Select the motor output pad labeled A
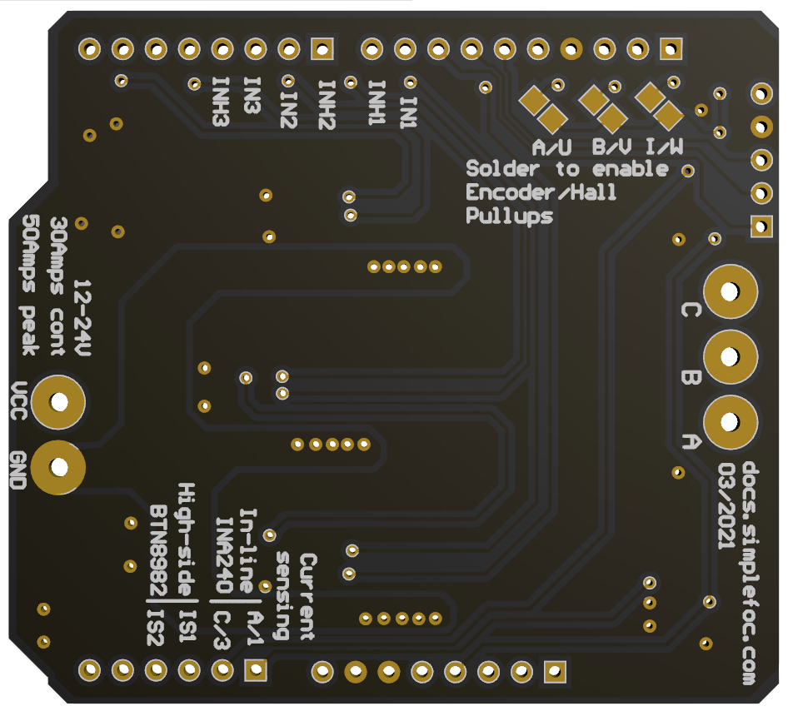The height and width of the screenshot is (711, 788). pyautogui.click(x=731, y=422)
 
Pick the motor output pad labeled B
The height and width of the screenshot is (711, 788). pyautogui.click(x=731, y=357)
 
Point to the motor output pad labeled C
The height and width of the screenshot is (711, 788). pyautogui.click(x=731, y=291)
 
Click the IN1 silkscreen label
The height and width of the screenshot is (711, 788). pyautogui.click(x=408, y=112)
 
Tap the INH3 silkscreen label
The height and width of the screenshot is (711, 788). pyautogui.click(x=221, y=102)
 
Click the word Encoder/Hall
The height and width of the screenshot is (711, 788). pyautogui.click(x=541, y=192)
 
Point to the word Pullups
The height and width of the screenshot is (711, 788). pyautogui.click(x=509, y=216)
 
